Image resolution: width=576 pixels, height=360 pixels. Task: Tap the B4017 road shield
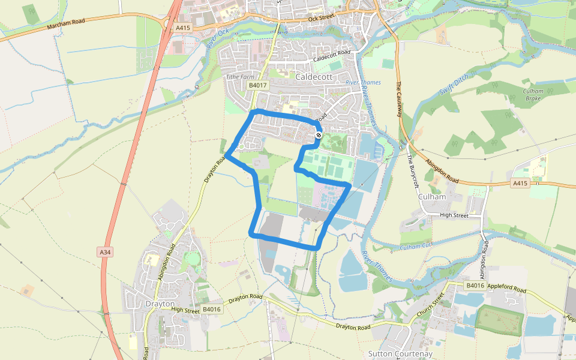257,86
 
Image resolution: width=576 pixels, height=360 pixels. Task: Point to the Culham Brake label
533,94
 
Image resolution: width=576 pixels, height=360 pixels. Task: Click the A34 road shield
105,252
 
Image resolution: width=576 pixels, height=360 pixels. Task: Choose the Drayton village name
160,304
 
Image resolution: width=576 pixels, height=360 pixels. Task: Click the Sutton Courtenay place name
400,354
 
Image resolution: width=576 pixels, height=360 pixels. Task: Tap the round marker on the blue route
319,136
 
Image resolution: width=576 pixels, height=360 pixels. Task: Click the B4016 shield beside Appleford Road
474,286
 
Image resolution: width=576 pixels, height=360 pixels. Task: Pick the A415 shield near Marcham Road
182,28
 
